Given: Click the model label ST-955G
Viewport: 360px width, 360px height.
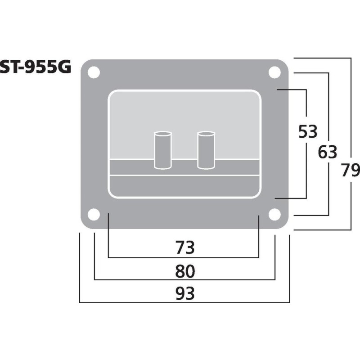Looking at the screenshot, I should coord(36,67).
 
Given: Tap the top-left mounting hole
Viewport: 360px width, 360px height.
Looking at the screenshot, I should coord(94,72).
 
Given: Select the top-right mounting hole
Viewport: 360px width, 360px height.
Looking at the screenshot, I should coord(274,72).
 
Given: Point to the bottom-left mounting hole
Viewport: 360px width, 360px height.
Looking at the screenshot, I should coord(94,215).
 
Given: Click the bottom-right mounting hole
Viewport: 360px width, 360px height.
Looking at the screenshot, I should coord(274,215).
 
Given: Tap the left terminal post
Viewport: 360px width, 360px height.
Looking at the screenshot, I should coord(162,150).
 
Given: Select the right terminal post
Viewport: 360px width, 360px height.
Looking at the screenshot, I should coord(206,150).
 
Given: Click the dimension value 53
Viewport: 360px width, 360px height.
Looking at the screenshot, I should coord(308,132).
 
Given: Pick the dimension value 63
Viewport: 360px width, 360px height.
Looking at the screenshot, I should coord(327,153).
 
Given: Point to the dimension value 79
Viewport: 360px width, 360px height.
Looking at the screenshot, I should coord(350,171).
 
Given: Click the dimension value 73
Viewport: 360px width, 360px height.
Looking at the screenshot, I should coord(184,247).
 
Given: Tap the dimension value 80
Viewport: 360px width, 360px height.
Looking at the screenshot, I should coord(184,270).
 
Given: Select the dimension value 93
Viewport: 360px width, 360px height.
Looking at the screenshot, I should coord(184,293).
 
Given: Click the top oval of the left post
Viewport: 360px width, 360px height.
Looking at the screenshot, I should coord(162,134).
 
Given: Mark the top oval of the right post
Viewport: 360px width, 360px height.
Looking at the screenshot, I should coord(206,134).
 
